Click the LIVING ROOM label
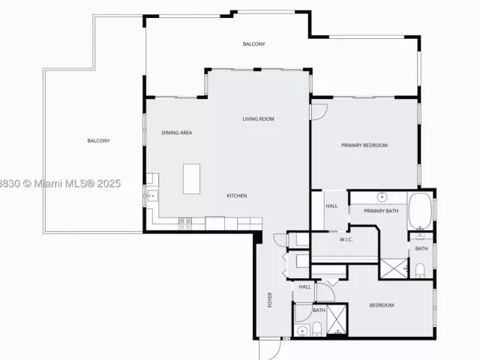click(x=258, y=118)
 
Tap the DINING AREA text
click(x=177, y=133)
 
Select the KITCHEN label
click(x=237, y=196)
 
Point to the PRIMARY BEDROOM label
click(x=364, y=145)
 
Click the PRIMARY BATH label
click(x=381, y=211)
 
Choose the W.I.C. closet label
click(x=346, y=239)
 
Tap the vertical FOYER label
click(x=270, y=300)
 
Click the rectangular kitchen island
click(x=192, y=178)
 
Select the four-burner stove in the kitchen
click(x=185, y=223)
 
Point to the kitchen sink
click(x=152, y=195)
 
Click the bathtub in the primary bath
click(x=420, y=211)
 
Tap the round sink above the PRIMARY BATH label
click(x=382, y=196)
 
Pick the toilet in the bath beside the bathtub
click(x=420, y=270)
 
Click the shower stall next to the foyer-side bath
click(x=337, y=319)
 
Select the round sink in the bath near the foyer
click(x=302, y=331)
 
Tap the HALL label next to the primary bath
click(x=331, y=206)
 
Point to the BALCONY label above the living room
click(x=253, y=44)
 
